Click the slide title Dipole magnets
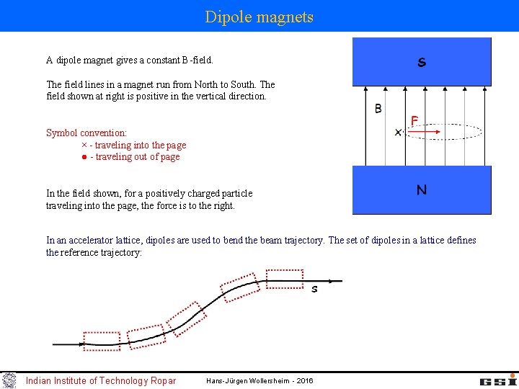(259, 17)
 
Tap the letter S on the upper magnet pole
(422, 63)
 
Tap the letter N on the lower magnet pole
(422, 190)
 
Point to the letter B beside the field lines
(378, 109)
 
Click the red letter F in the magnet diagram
(415, 120)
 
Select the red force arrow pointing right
(426, 133)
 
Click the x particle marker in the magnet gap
(398, 133)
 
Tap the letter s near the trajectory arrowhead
(314, 289)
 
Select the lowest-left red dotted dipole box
(102, 339)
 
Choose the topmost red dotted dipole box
(284, 278)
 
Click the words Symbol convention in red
(86, 133)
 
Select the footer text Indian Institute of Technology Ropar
(101, 380)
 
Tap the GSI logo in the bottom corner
(498, 380)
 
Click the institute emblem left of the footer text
(9, 380)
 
